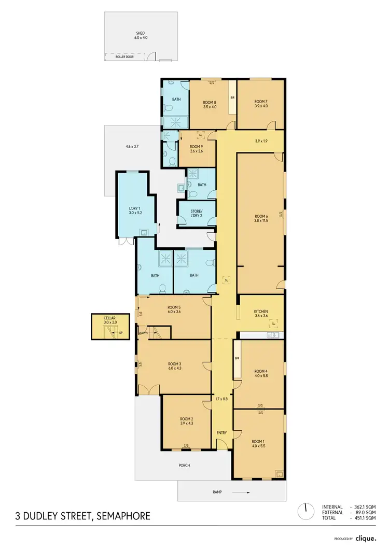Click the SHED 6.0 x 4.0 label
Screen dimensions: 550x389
pos(141,35)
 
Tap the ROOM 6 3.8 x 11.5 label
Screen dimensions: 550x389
pos(261,219)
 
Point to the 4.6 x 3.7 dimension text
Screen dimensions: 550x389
pos(133,147)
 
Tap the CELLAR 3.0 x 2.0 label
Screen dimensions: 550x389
pos(109,320)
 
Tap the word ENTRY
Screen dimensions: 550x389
pos(221,433)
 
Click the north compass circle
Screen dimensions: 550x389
pos(306,512)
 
